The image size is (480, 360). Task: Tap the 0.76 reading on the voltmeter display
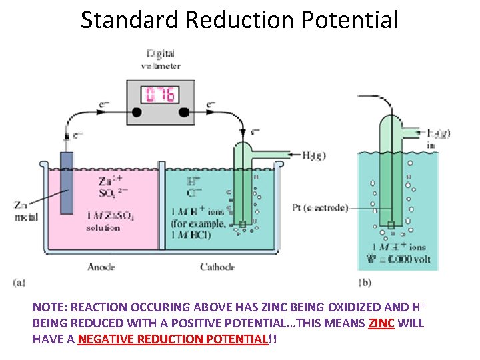point(161,95)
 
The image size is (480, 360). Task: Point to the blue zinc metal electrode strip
point(66,183)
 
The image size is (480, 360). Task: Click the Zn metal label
point(25,211)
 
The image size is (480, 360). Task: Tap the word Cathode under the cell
point(217,267)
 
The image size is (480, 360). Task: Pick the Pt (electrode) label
point(320,208)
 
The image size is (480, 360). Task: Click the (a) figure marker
point(20,282)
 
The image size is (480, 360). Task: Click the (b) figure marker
point(365,282)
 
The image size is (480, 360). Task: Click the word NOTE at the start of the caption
point(48,308)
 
